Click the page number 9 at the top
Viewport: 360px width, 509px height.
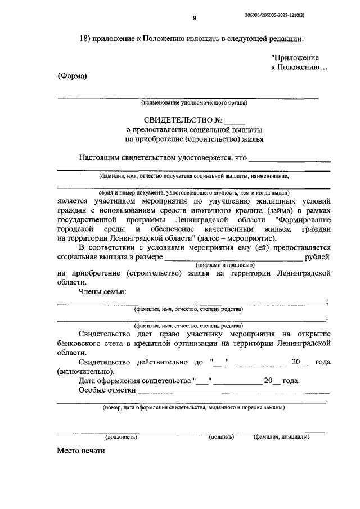click(194, 19)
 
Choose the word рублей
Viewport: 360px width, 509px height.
click(317, 257)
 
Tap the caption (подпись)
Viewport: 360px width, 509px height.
click(220, 436)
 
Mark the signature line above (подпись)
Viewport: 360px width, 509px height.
click(220, 431)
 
